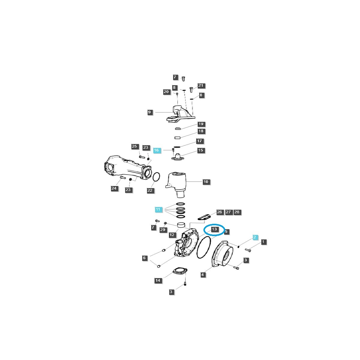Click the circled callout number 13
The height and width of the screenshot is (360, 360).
click(214, 229)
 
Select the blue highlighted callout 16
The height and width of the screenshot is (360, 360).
click(156, 150)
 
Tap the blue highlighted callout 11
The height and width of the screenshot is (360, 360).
click(158, 209)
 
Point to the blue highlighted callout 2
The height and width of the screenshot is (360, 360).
click(255, 237)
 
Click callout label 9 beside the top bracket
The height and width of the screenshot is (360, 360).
click(149, 112)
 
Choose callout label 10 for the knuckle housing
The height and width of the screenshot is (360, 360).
click(205, 182)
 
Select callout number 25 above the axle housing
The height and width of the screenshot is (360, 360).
click(134, 146)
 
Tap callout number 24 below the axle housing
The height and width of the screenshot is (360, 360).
click(114, 188)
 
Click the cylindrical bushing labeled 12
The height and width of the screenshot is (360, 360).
click(181, 225)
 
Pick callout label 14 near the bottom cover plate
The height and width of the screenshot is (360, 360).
click(158, 280)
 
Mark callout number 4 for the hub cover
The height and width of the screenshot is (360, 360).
click(203, 274)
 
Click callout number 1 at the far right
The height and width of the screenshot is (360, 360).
click(263, 242)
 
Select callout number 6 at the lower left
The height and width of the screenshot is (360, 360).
click(144, 258)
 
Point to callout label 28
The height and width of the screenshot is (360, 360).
click(237, 212)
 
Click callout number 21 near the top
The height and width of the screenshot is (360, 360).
click(201, 86)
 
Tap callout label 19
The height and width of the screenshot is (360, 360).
click(201, 124)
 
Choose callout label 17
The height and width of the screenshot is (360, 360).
click(200, 141)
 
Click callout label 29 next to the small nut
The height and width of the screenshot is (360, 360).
click(163, 230)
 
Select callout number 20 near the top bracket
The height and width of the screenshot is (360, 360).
click(166, 92)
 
